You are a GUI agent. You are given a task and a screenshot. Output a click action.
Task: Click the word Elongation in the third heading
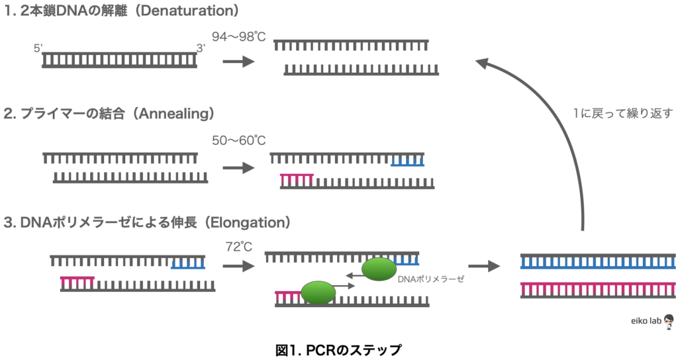tap(248, 223)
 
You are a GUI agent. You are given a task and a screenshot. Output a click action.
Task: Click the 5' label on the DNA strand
tap(38, 49)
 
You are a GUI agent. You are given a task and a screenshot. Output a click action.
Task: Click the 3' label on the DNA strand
tap(201, 48)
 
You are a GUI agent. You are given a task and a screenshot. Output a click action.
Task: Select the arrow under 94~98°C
tap(238, 62)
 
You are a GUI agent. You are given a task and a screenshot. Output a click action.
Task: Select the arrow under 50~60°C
tap(238, 168)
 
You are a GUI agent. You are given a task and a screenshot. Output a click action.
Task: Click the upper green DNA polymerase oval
tap(379, 269)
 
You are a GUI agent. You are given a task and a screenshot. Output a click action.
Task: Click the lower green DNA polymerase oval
tap(318, 292)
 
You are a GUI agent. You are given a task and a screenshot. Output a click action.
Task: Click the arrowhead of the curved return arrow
tap(482, 64)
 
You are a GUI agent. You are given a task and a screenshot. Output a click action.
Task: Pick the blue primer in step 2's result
tap(407, 162)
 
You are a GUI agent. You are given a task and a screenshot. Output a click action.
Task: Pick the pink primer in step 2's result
tap(297, 177)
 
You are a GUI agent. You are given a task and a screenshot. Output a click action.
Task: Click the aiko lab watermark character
tap(668, 321)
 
